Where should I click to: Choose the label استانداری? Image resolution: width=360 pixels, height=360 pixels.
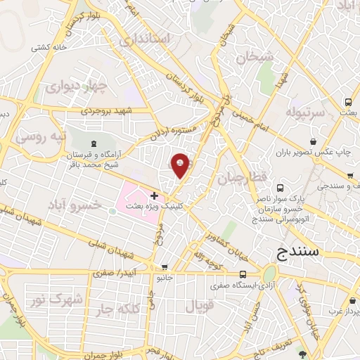(x=145, y=39)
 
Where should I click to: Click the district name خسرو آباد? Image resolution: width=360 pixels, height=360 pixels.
(x=75, y=204)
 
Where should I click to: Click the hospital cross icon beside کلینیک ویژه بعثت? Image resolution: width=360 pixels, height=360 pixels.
(x=154, y=195)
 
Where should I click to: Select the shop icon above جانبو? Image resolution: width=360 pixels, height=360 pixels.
(x=165, y=267)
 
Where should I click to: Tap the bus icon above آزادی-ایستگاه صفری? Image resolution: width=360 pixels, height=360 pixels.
(x=242, y=274)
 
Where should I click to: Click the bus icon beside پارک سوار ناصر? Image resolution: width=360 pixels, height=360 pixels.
(x=281, y=188)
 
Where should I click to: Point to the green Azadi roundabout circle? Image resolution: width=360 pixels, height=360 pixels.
(x=269, y=274)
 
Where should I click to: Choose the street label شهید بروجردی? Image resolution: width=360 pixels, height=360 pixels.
(x=106, y=111)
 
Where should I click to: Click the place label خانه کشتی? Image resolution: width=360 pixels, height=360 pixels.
(x=49, y=48)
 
